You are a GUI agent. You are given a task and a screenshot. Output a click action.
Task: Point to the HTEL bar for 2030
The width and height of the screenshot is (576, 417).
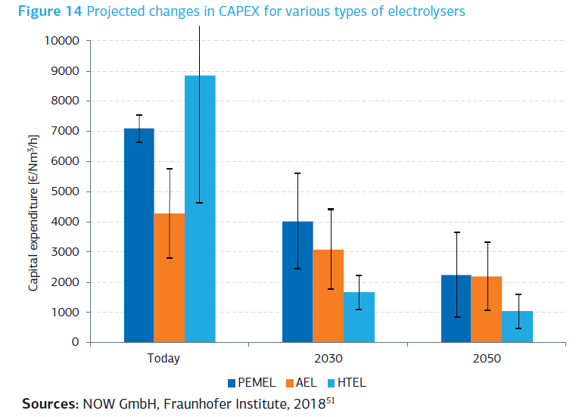359,317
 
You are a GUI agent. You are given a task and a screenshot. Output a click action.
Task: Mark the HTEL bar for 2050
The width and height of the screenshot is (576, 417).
518,326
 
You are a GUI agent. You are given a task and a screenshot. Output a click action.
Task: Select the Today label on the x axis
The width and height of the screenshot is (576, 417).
163,359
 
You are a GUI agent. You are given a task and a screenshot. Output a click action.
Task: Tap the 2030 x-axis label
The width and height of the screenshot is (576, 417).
328,359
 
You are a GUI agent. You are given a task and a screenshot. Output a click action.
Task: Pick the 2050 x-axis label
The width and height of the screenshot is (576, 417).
486,359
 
